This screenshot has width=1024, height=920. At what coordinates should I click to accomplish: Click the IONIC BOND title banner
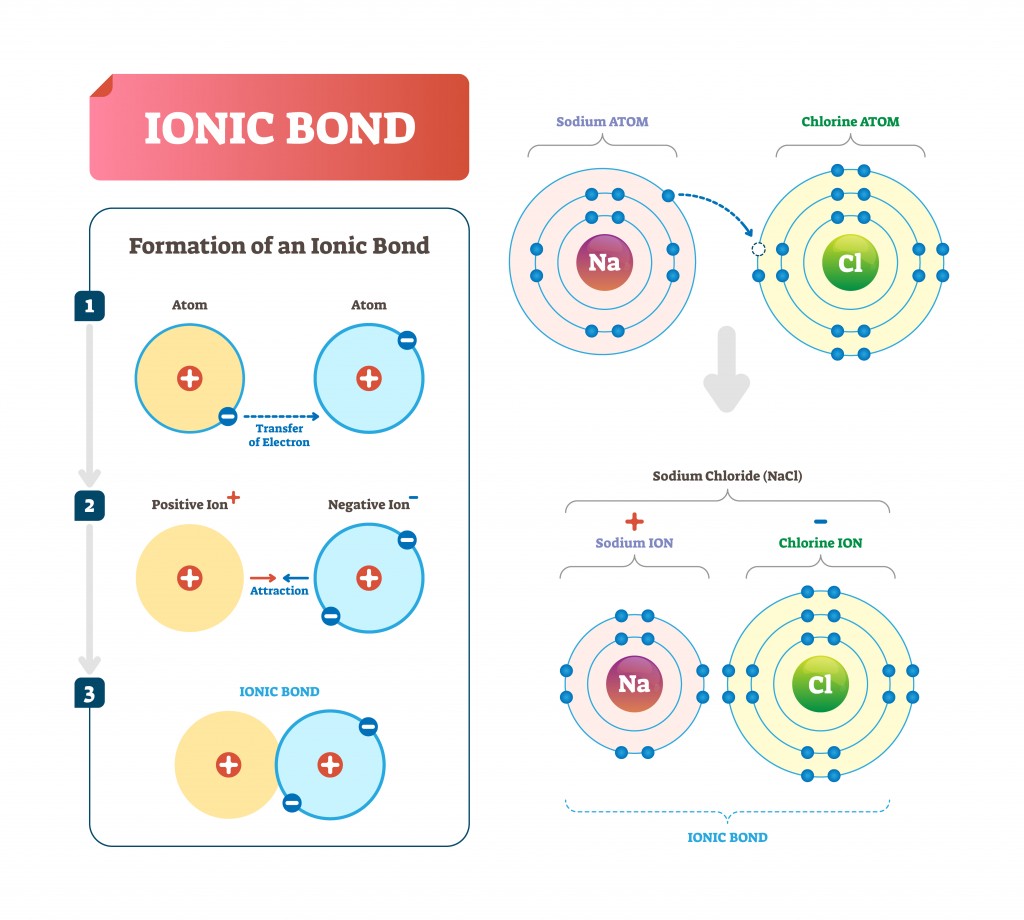click(279, 127)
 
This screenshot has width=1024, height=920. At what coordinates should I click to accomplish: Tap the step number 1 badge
click(90, 306)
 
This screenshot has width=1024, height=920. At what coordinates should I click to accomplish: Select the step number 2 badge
click(90, 505)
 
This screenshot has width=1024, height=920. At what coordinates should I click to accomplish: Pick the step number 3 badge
click(90, 692)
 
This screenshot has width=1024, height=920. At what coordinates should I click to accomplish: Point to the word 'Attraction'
click(279, 591)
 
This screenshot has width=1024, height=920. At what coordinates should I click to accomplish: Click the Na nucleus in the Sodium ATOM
click(604, 263)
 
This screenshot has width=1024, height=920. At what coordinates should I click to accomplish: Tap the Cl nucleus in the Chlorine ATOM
click(849, 263)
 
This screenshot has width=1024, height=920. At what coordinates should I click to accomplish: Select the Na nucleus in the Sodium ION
click(634, 684)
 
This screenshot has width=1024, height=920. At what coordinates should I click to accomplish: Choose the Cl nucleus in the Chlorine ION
click(820, 684)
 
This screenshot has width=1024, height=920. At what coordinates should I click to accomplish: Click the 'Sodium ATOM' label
click(602, 122)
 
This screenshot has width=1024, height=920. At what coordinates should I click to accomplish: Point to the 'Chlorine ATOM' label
click(850, 122)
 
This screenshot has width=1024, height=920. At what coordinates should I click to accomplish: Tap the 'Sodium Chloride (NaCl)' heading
click(727, 476)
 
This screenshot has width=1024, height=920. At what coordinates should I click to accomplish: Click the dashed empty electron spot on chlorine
click(758, 249)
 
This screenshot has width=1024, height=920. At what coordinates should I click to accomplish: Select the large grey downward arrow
click(727, 370)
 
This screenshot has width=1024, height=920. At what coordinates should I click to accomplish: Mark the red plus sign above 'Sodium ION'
click(634, 521)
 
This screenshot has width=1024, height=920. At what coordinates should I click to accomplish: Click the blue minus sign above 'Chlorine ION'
click(820, 521)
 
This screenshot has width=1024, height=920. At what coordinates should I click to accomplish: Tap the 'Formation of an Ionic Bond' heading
click(279, 245)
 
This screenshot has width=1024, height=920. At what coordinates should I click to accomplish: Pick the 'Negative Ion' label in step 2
click(368, 505)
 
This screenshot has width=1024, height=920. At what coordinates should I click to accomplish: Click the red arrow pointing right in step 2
click(262, 577)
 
